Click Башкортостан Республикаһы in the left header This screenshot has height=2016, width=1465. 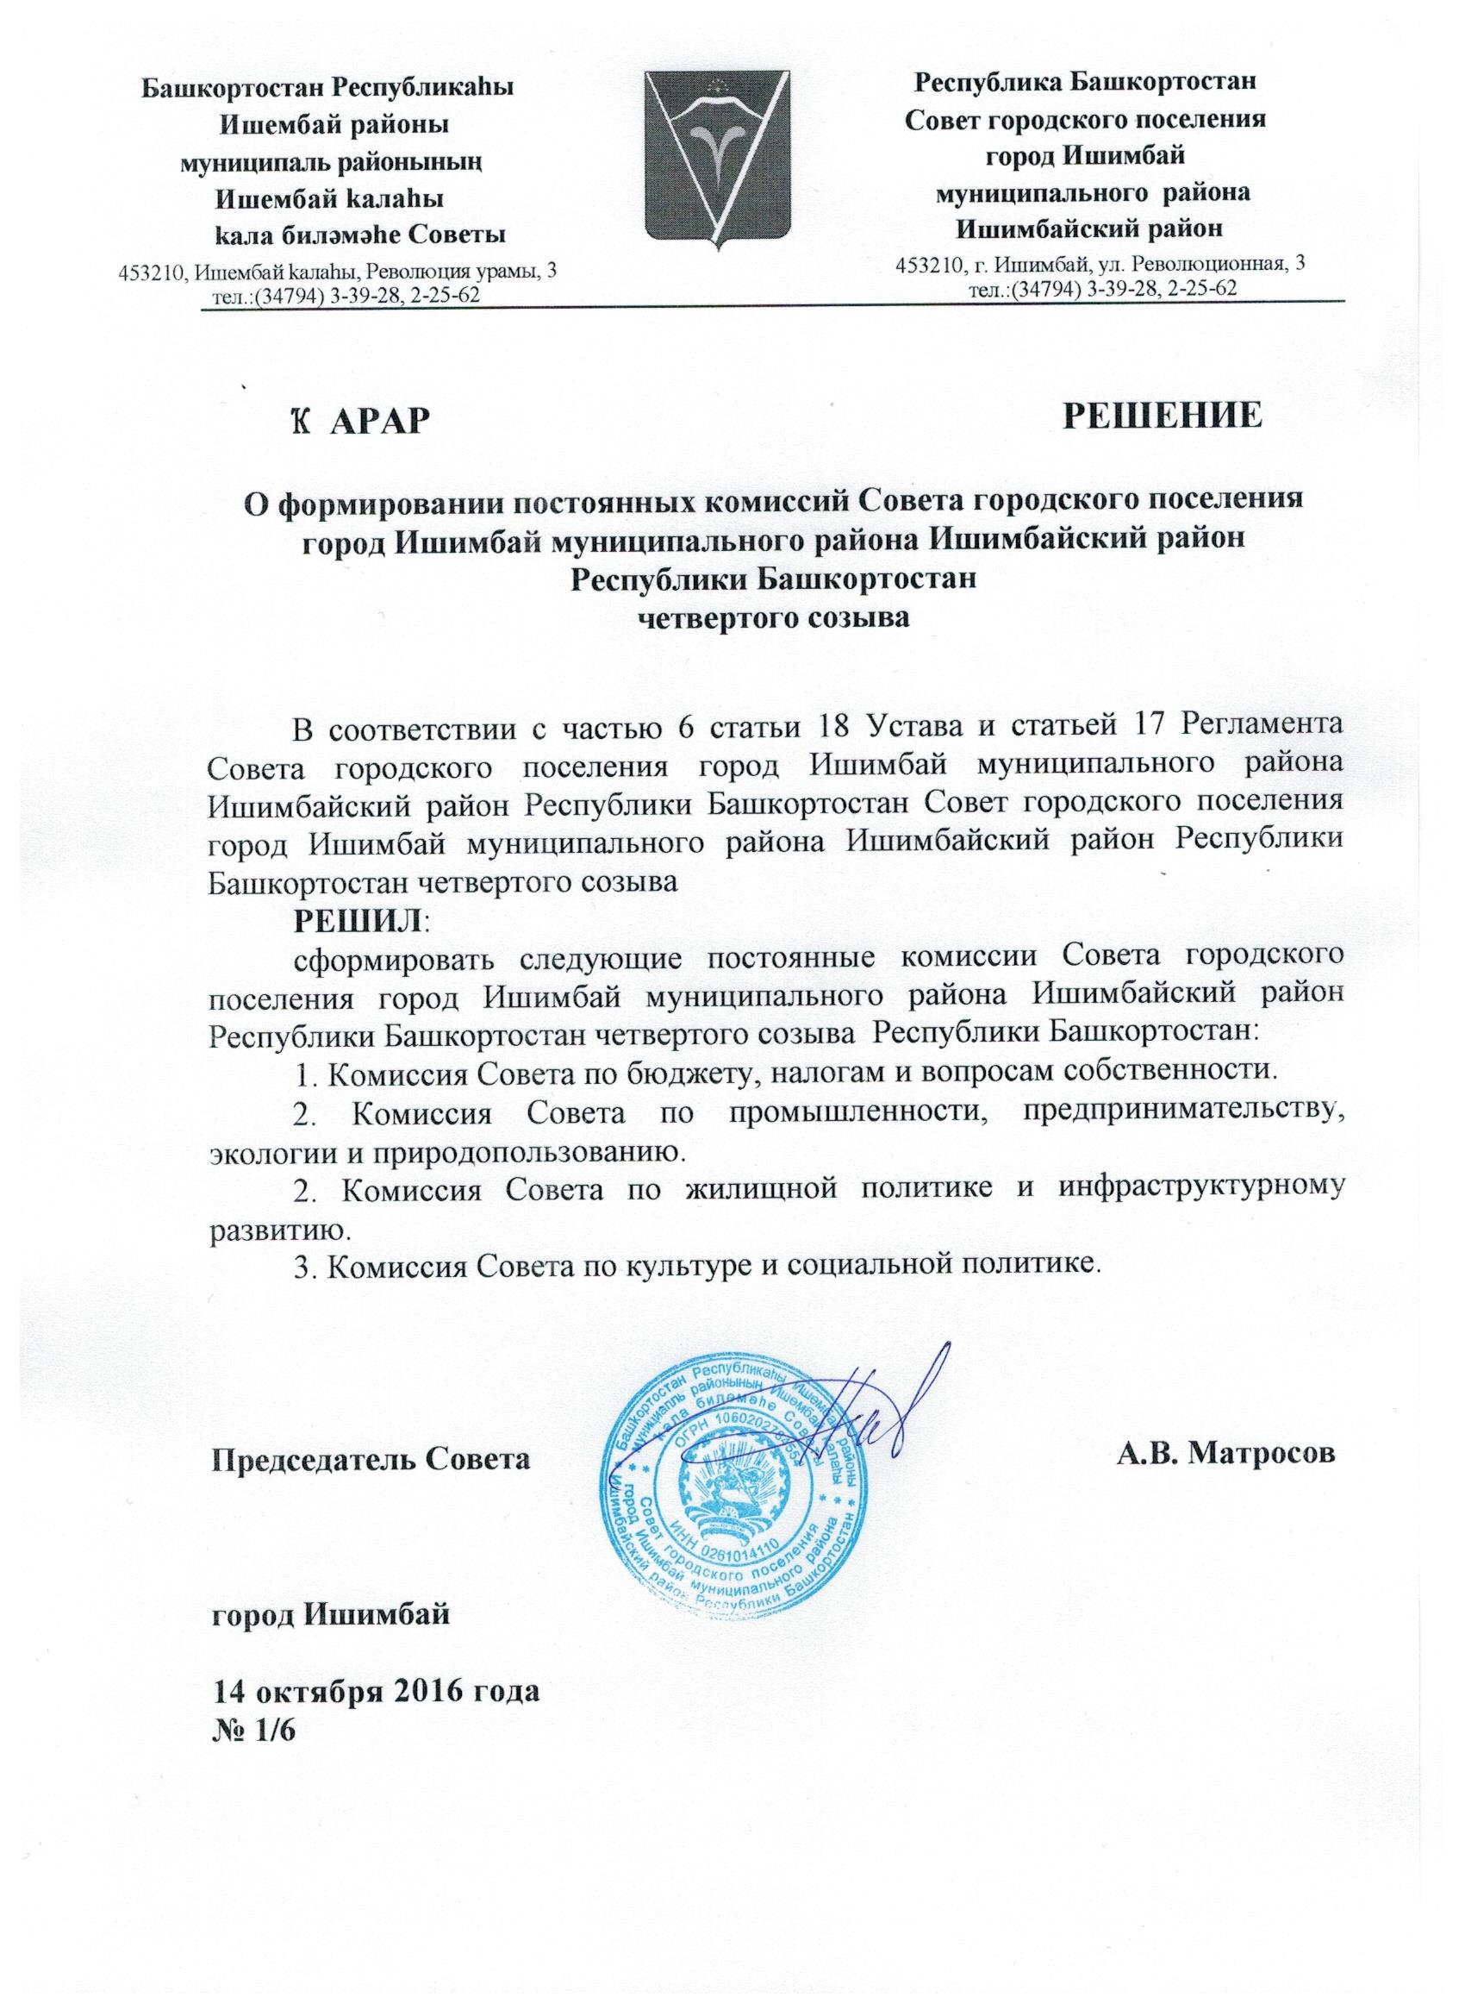329,88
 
